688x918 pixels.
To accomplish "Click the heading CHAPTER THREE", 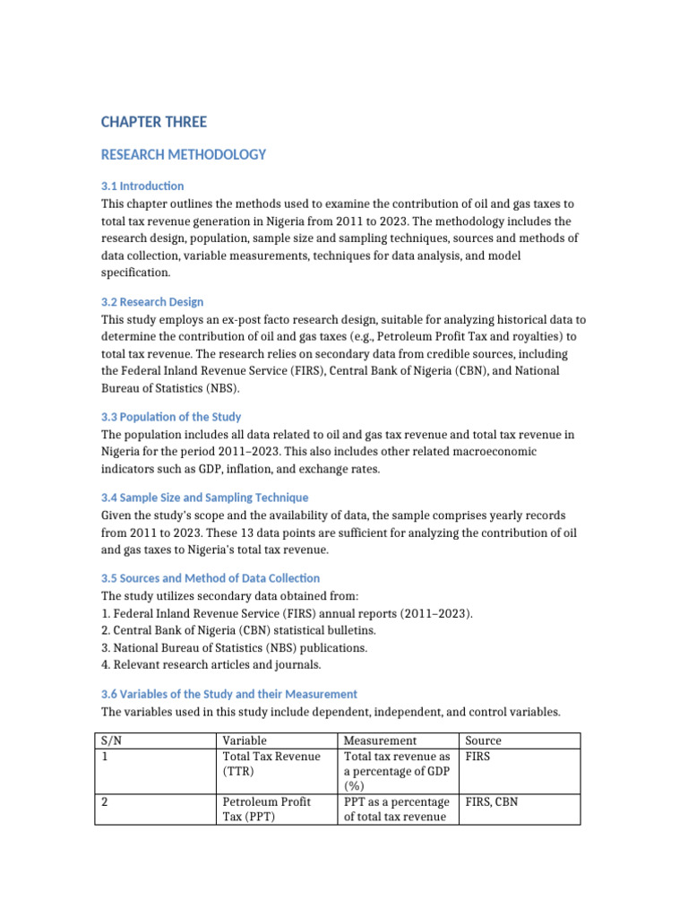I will point(153,122).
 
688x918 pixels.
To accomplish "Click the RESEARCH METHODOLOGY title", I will point(184,154).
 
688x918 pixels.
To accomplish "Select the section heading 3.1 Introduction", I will point(142,186).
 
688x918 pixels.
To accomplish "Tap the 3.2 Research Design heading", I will point(152,301).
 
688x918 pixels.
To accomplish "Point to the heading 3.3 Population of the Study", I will point(171,417).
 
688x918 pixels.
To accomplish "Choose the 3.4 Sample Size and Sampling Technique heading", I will point(204,498).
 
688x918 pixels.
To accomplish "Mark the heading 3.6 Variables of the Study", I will point(229,694).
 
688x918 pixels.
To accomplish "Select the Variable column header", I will point(244,740).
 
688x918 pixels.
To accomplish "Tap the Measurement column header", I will point(381,740).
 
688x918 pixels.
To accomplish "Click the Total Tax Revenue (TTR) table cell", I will point(271,764).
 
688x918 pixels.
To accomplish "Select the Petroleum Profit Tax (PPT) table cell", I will point(266,810).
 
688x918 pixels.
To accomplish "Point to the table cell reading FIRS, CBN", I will point(493,802).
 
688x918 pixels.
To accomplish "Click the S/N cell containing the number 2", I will point(106,802).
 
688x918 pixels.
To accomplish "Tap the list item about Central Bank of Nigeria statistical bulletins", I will point(225,630).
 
